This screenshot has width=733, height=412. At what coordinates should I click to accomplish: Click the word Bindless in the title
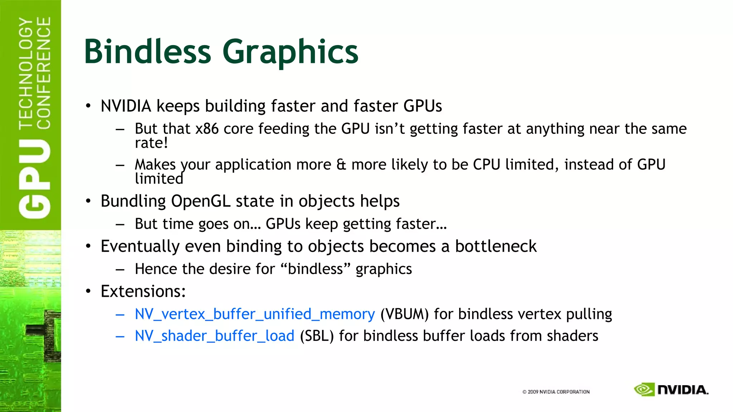[147, 52]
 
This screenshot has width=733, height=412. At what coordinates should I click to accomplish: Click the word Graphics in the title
[290, 52]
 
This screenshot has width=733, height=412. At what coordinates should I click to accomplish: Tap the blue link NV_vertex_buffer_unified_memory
[255, 314]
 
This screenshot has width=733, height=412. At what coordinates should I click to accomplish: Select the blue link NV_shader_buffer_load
[214, 336]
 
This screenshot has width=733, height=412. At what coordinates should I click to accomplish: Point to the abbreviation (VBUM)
[404, 314]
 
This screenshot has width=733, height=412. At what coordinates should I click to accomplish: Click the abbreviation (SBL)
[317, 336]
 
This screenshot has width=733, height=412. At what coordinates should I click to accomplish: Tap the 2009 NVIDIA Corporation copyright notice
[556, 392]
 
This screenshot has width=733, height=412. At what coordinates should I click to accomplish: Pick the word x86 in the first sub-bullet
[207, 129]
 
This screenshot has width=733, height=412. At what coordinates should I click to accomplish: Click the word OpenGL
[201, 201]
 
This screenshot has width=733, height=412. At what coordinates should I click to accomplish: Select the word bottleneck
[496, 246]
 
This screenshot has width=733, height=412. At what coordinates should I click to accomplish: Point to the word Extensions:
[143, 291]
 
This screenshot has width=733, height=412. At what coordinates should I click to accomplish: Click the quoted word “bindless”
[315, 269]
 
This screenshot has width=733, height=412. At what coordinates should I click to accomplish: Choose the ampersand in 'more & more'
[341, 165]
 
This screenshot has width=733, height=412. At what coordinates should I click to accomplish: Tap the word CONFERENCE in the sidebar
[44, 73]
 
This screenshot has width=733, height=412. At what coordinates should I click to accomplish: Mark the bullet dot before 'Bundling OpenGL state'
[88, 201]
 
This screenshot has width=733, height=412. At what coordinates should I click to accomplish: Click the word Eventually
[140, 246]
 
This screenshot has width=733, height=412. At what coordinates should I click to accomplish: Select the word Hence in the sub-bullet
[156, 269]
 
